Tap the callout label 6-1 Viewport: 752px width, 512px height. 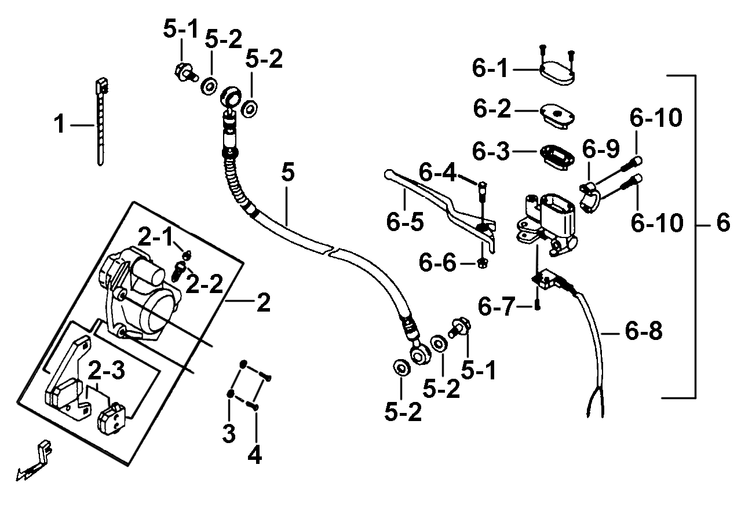click(x=490, y=68)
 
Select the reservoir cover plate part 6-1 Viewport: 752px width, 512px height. click(x=557, y=74)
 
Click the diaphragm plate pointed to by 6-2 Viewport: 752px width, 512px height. click(x=557, y=116)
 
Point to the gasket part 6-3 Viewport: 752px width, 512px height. click(x=557, y=157)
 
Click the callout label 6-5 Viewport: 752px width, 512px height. click(x=405, y=222)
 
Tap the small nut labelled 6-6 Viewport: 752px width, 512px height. click(x=483, y=264)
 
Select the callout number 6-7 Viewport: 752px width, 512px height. click(x=496, y=306)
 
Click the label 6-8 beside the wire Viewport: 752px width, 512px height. click(x=644, y=331)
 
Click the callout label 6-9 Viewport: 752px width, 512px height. click(x=601, y=149)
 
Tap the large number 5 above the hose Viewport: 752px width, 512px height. click(x=288, y=172)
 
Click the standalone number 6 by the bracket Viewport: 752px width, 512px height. click(x=723, y=222)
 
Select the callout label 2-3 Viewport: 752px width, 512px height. click(x=107, y=370)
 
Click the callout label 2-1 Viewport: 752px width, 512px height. click(x=155, y=236)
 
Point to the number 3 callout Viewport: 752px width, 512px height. click(x=229, y=433)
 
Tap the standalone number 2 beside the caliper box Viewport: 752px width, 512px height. click(x=264, y=302)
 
